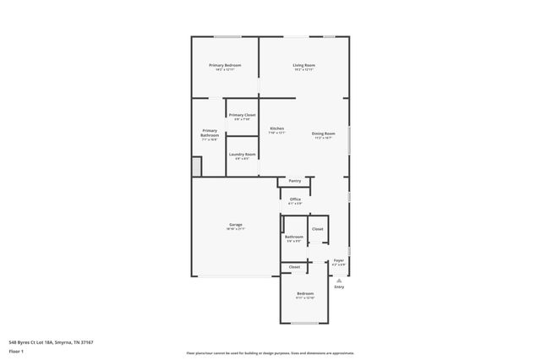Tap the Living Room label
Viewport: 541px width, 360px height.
pos(304,65)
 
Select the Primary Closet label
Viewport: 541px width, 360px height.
pos(243,114)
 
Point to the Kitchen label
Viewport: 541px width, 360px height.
pos(276,128)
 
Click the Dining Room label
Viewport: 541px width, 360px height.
pos(324,134)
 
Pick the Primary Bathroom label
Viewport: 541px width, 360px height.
pos(210,133)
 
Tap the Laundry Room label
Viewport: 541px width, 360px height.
pos(242,154)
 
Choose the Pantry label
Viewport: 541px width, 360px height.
pos(295,181)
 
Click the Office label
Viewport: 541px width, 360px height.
pos(295,199)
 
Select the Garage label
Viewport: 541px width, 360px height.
pos(235,225)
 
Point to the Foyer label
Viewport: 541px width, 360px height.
pos(338,260)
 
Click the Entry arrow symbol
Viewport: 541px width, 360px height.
pos(339,280)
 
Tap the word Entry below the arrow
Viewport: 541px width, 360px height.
pos(339,287)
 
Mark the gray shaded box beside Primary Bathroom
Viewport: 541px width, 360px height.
pos(196,167)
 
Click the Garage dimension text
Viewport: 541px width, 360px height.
pos(235,229)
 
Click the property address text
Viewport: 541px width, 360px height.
pos(51,341)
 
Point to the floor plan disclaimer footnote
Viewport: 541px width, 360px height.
pos(270,352)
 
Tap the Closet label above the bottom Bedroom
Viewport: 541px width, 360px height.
pos(294,267)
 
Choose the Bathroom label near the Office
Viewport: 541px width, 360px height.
pos(294,237)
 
